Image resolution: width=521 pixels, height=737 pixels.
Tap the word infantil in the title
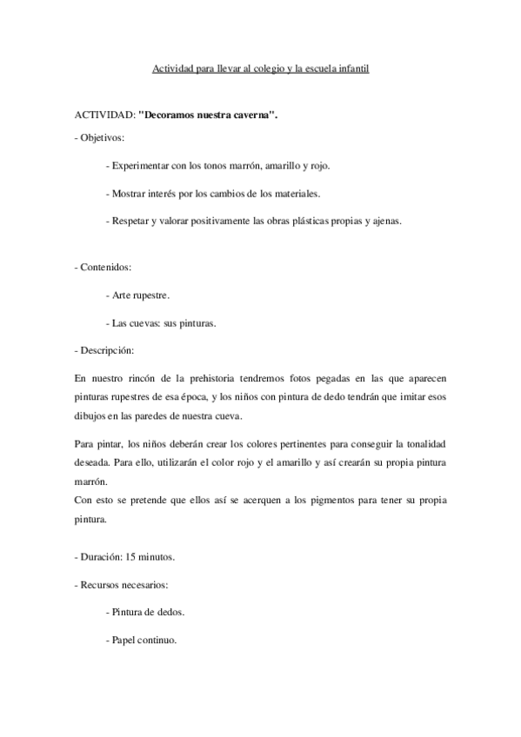[352, 69]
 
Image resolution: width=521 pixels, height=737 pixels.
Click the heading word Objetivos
[103, 137]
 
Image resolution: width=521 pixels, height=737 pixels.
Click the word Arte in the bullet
[121, 295]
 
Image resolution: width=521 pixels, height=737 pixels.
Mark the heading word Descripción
[107, 350]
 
